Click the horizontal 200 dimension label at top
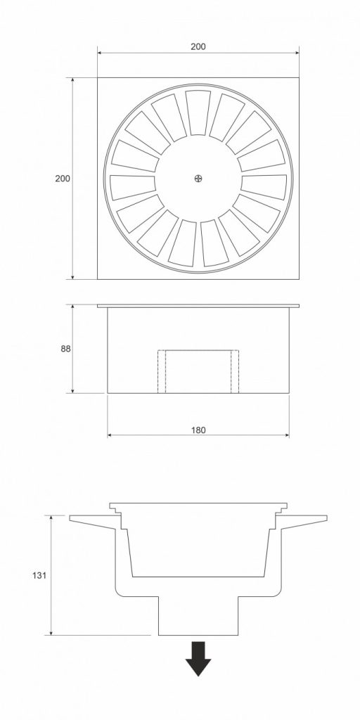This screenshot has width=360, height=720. [x=198, y=46]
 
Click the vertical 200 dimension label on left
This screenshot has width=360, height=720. [x=63, y=178]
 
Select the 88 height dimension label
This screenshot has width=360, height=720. [x=65, y=349]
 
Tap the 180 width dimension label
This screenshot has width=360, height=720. [x=198, y=430]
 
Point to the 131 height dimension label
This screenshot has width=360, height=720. [x=39, y=575]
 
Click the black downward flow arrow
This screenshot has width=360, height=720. [x=198, y=658]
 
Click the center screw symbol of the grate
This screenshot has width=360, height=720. [x=198, y=178]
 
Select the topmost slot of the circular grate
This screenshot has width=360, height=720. [x=198, y=112]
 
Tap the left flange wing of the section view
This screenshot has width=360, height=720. [x=95, y=522]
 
